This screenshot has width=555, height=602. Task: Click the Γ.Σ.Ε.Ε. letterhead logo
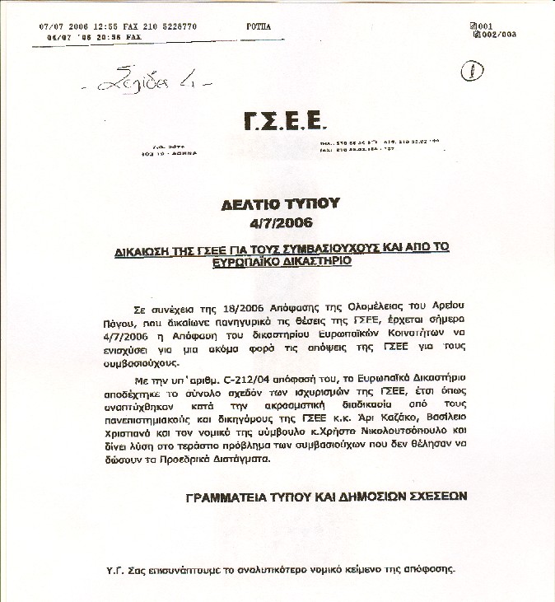[x=285, y=124]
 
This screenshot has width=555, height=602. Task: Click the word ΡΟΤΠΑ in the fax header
[x=258, y=26]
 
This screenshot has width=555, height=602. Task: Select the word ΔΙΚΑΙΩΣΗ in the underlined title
[x=146, y=247]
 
